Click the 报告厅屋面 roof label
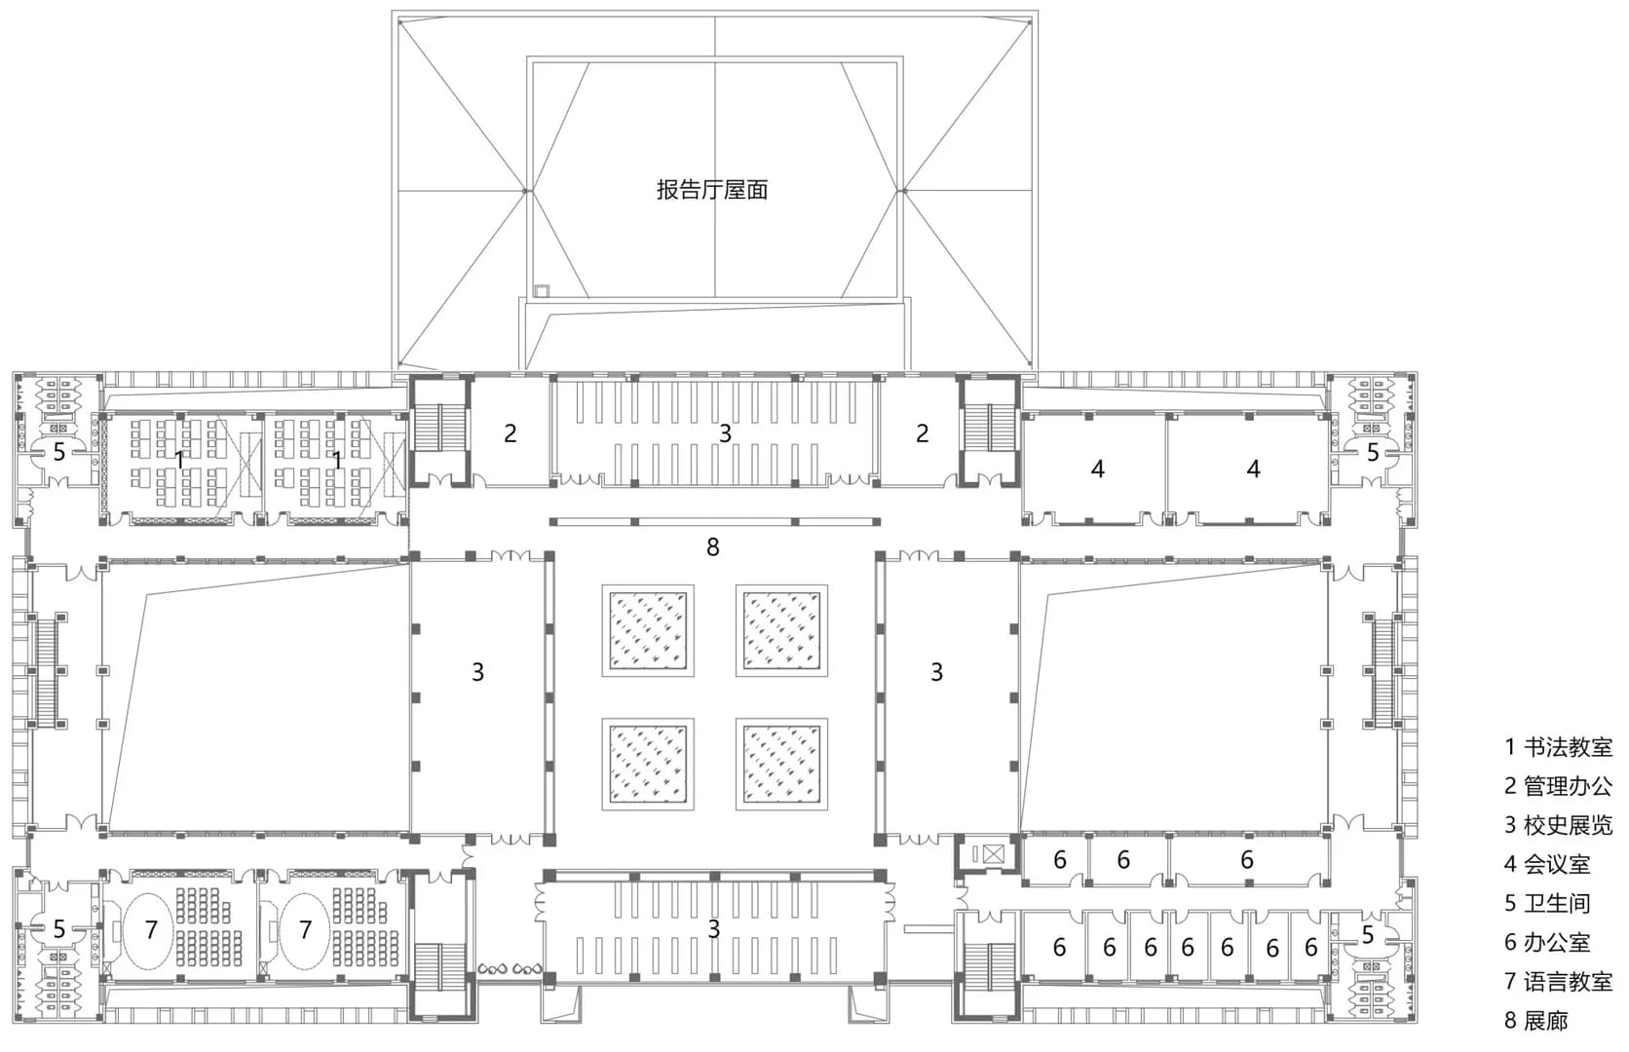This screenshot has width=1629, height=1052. click(712, 190)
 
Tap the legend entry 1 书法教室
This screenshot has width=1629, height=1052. click(1559, 747)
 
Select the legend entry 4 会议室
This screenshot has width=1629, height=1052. click(1547, 864)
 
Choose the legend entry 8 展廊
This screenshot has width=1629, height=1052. click(1535, 1020)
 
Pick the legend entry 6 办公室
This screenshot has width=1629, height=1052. click(1547, 942)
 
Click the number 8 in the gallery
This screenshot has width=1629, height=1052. click(713, 546)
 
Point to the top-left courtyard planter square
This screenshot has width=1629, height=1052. click(647, 630)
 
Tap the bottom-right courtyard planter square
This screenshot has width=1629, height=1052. click(781, 764)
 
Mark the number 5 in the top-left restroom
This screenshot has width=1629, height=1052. click(58, 452)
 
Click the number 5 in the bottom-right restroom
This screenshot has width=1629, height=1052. click(1367, 935)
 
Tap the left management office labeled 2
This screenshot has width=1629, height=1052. click(510, 433)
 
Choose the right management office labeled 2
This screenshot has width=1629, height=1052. click(922, 433)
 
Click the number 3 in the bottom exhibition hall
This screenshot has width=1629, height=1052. click(714, 928)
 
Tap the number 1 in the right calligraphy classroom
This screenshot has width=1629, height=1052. click(337, 460)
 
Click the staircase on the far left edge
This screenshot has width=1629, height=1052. click(48, 669)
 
